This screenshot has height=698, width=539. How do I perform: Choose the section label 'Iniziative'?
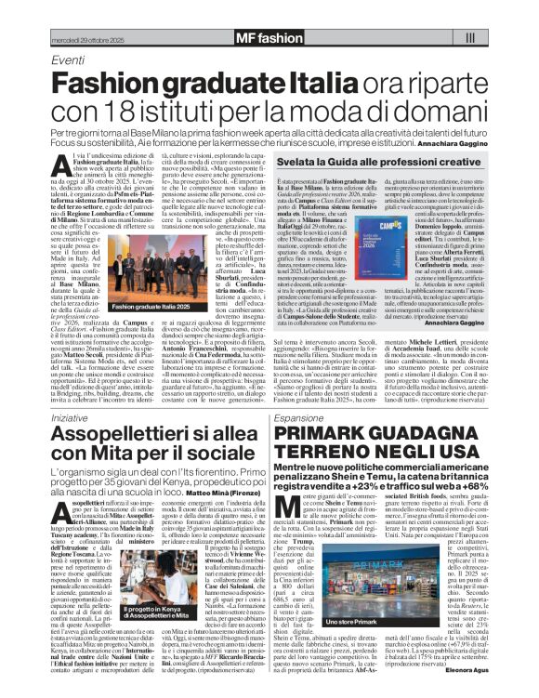(74, 418)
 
